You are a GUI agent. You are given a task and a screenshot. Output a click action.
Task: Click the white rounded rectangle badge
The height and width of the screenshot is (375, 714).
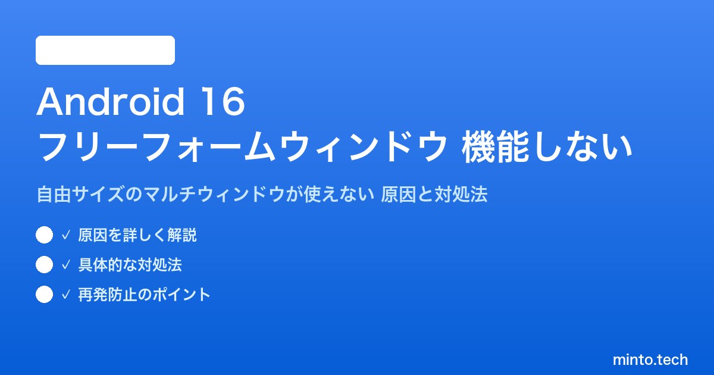(105, 51)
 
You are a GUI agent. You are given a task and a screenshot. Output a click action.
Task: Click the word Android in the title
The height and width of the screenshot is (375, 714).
(111, 102)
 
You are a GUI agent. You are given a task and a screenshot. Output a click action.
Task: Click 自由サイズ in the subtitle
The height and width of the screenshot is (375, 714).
(80, 194)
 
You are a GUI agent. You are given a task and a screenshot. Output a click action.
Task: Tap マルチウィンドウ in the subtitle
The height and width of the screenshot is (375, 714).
(214, 194)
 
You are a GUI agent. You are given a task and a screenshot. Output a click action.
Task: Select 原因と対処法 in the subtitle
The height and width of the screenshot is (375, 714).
(434, 194)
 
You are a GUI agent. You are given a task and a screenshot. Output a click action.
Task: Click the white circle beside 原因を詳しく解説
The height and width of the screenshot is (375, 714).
(44, 235)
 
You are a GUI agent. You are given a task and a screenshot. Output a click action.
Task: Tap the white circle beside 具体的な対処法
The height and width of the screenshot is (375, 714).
(44, 265)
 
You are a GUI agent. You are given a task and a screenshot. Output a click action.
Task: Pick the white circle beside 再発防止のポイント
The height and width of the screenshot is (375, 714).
(44, 294)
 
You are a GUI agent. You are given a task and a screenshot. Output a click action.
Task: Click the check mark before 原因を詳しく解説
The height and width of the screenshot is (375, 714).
(65, 235)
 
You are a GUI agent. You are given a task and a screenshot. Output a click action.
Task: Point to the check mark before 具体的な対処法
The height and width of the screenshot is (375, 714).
(65, 265)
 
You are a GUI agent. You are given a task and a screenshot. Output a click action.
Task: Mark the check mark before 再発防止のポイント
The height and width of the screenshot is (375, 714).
(65, 295)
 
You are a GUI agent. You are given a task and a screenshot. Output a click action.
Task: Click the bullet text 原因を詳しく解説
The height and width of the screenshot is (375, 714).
(137, 235)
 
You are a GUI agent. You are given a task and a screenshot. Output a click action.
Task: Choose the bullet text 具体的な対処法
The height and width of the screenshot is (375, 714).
(130, 265)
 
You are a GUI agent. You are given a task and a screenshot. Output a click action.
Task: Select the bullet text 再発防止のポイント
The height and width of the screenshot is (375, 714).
(145, 295)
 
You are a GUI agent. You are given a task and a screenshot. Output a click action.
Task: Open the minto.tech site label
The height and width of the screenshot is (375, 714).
(650, 360)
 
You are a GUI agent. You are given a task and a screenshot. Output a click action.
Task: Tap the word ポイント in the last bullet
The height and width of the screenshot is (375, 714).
(181, 295)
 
